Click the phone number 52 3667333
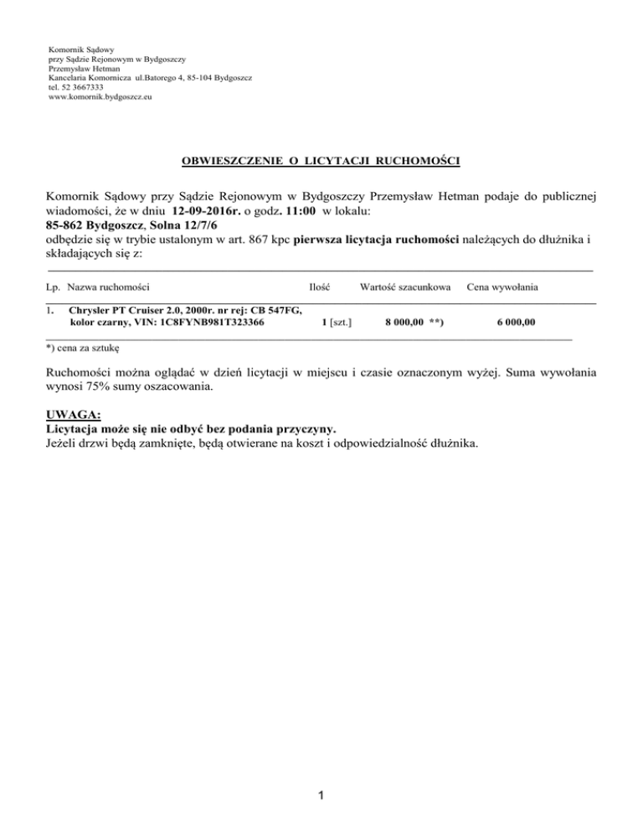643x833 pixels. [80, 87]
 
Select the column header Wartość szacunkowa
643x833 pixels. [406, 287]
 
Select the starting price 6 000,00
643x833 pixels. [516, 322]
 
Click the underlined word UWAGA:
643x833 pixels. [74, 413]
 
